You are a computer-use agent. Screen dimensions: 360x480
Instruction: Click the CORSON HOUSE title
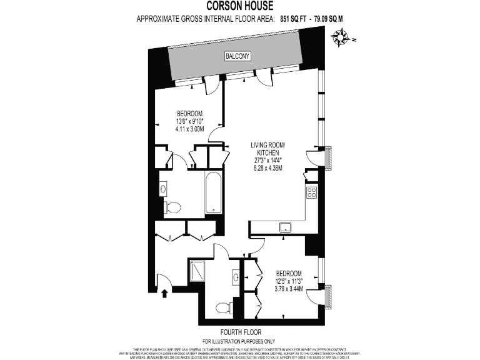pyautogui.click(x=240, y=6)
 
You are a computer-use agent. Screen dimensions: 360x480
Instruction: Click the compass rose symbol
pyautogui.click(x=342, y=40)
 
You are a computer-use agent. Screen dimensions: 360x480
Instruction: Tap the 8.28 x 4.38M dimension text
pyautogui.click(x=267, y=168)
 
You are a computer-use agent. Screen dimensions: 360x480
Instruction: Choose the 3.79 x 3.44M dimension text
pyautogui.click(x=289, y=289)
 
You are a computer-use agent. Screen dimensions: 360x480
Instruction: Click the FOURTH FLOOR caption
pyautogui.click(x=241, y=332)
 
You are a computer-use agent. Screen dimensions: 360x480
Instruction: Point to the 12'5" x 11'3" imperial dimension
pyautogui.click(x=289, y=281)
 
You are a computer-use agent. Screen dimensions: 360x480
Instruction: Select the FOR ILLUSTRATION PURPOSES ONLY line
pyautogui.click(x=239, y=341)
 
